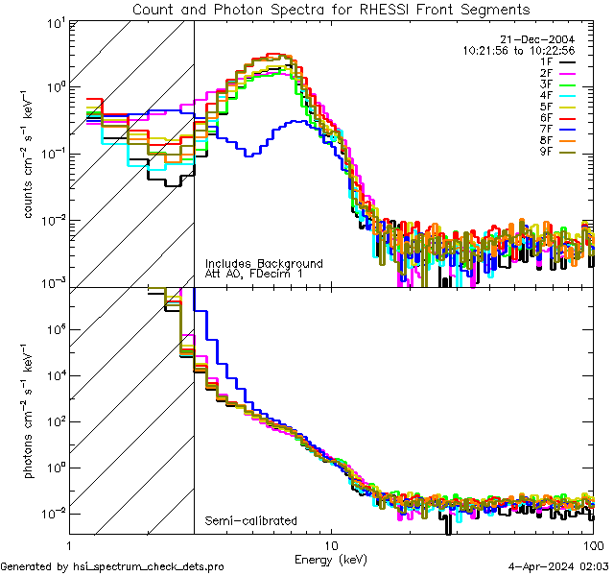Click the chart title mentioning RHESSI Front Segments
click(x=330, y=10)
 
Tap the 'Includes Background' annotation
click(x=264, y=263)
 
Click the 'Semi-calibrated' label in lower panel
click(x=251, y=521)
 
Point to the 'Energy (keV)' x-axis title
click(x=331, y=558)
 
